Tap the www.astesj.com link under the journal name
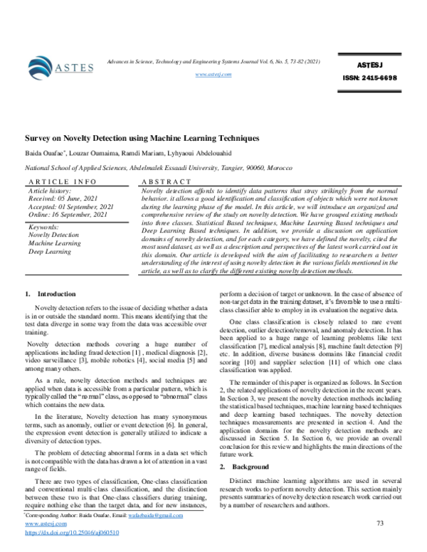pyautogui.click(x=213, y=75)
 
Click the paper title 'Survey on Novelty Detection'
pyautogui.click(x=142, y=138)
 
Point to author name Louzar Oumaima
pyautogui.click(x=92, y=152)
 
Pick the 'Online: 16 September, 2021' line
pyautogui.click(x=68, y=214)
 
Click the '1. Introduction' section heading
pyautogui.click(x=50, y=293)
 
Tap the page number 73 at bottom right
pyautogui.click(x=379, y=523)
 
